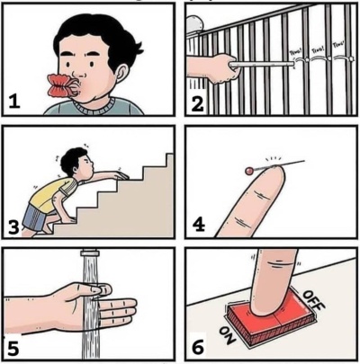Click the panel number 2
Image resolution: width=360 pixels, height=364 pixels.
pyautogui.click(x=199, y=103)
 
